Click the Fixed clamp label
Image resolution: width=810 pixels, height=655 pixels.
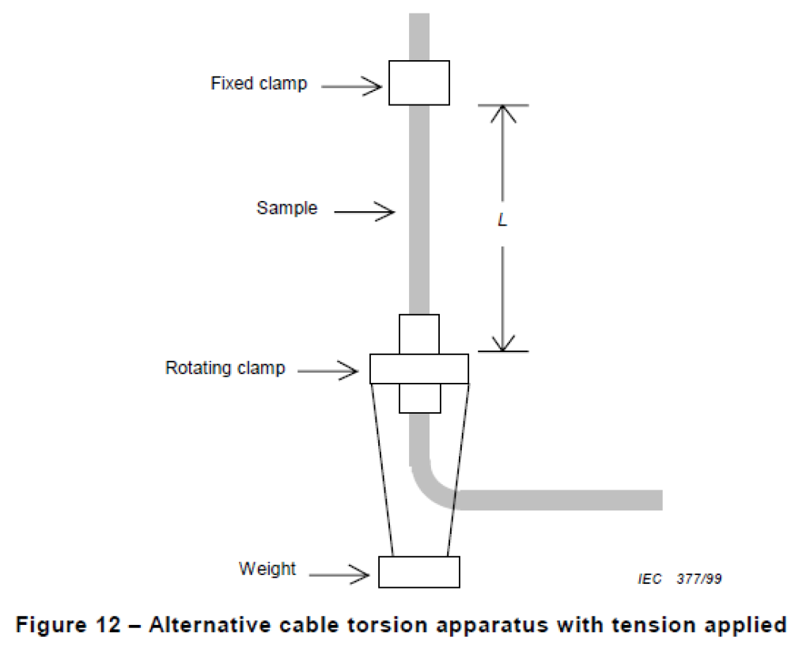[x=259, y=83]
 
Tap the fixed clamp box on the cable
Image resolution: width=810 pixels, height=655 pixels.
[x=418, y=82]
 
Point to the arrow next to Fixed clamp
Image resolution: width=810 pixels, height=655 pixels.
[x=352, y=85]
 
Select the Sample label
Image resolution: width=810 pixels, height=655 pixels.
[x=286, y=208]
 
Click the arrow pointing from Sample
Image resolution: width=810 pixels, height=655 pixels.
[x=364, y=210]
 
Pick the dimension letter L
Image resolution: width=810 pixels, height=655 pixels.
[x=502, y=221]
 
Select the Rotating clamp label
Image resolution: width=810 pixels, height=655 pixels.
[x=225, y=368]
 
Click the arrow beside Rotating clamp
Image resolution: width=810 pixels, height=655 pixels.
[x=329, y=369]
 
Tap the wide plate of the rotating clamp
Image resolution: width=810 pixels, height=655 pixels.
[x=418, y=369]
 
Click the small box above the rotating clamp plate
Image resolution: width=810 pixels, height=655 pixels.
[x=418, y=334]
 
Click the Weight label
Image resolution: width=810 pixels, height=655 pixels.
[x=267, y=569]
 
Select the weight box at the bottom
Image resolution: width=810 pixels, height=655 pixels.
[x=418, y=571]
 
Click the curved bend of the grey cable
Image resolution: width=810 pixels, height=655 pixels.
[x=430, y=483]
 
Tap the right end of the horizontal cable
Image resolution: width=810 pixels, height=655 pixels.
[x=653, y=500]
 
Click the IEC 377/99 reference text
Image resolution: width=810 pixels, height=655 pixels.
[x=679, y=579]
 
